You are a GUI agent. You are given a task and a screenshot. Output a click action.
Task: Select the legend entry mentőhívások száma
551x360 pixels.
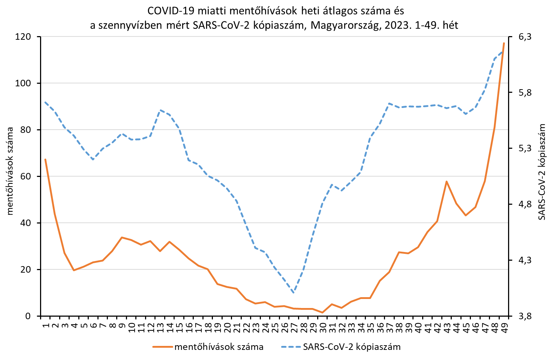(x=219, y=347)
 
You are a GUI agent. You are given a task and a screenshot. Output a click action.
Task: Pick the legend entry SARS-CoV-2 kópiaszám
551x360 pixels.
(x=352, y=347)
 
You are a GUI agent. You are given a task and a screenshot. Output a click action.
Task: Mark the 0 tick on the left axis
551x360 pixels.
(x=33, y=316)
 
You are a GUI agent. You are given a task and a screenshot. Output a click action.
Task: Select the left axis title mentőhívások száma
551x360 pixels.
(x=10, y=171)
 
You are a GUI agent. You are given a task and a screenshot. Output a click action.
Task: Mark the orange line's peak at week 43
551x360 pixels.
(x=447, y=182)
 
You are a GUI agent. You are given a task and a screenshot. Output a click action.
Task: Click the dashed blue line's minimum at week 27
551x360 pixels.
(x=294, y=293)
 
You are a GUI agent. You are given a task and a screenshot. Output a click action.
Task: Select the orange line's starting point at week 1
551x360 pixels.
(x=45, y=159)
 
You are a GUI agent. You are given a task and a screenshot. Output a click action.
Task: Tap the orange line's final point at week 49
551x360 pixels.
(x=504, y=43)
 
